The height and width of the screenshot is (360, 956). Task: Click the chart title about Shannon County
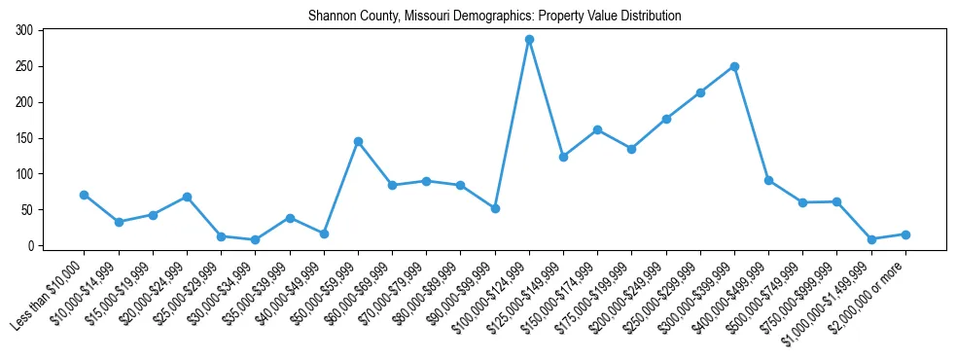click(494, 17)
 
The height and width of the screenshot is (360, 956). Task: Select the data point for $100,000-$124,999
click(529, 40)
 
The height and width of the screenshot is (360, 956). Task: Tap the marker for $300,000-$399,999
click(734, 67)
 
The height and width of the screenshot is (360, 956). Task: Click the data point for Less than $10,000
click(85, 195)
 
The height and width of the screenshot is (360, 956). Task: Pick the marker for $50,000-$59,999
click(358, 141)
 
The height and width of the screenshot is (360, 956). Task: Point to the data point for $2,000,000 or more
click(905, 234)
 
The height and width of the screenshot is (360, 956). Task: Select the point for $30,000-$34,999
click(255, 239)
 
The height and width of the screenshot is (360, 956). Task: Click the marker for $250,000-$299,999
click(700, 92)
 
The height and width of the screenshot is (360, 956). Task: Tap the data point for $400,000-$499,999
click(768, 180)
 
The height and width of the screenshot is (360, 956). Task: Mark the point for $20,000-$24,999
click(187, 197)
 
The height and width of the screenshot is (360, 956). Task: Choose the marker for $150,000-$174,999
click(597, 129)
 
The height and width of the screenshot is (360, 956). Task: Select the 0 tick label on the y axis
click(31, 246)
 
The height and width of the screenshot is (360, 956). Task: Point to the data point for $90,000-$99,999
click(495, 208)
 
